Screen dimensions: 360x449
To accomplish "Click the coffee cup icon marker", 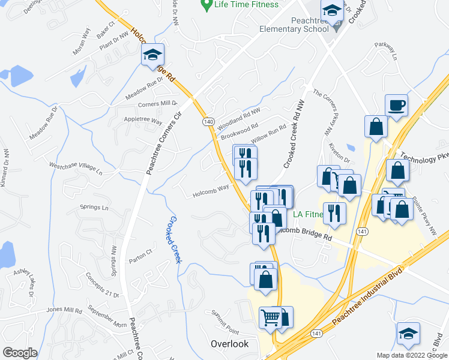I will pyautogui.click(x=396, y=106).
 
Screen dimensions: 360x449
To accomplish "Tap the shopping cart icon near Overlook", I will pyautogui.click(x=271, y=317).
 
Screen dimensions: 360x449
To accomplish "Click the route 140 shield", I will pyautogui.click(x=208, y=122).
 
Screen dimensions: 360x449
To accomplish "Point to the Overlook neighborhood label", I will pyautogui.click(x=229, y=344).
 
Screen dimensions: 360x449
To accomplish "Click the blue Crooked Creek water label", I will pyautogui.click(x=175, y=238).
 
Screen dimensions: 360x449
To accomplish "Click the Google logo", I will pyautogui.click(x=20, y=353).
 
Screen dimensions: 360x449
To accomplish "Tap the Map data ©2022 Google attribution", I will pyautogui.click(x=412, y=355).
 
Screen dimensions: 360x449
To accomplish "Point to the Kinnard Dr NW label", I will pyautogui.click(x=5, y=168).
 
